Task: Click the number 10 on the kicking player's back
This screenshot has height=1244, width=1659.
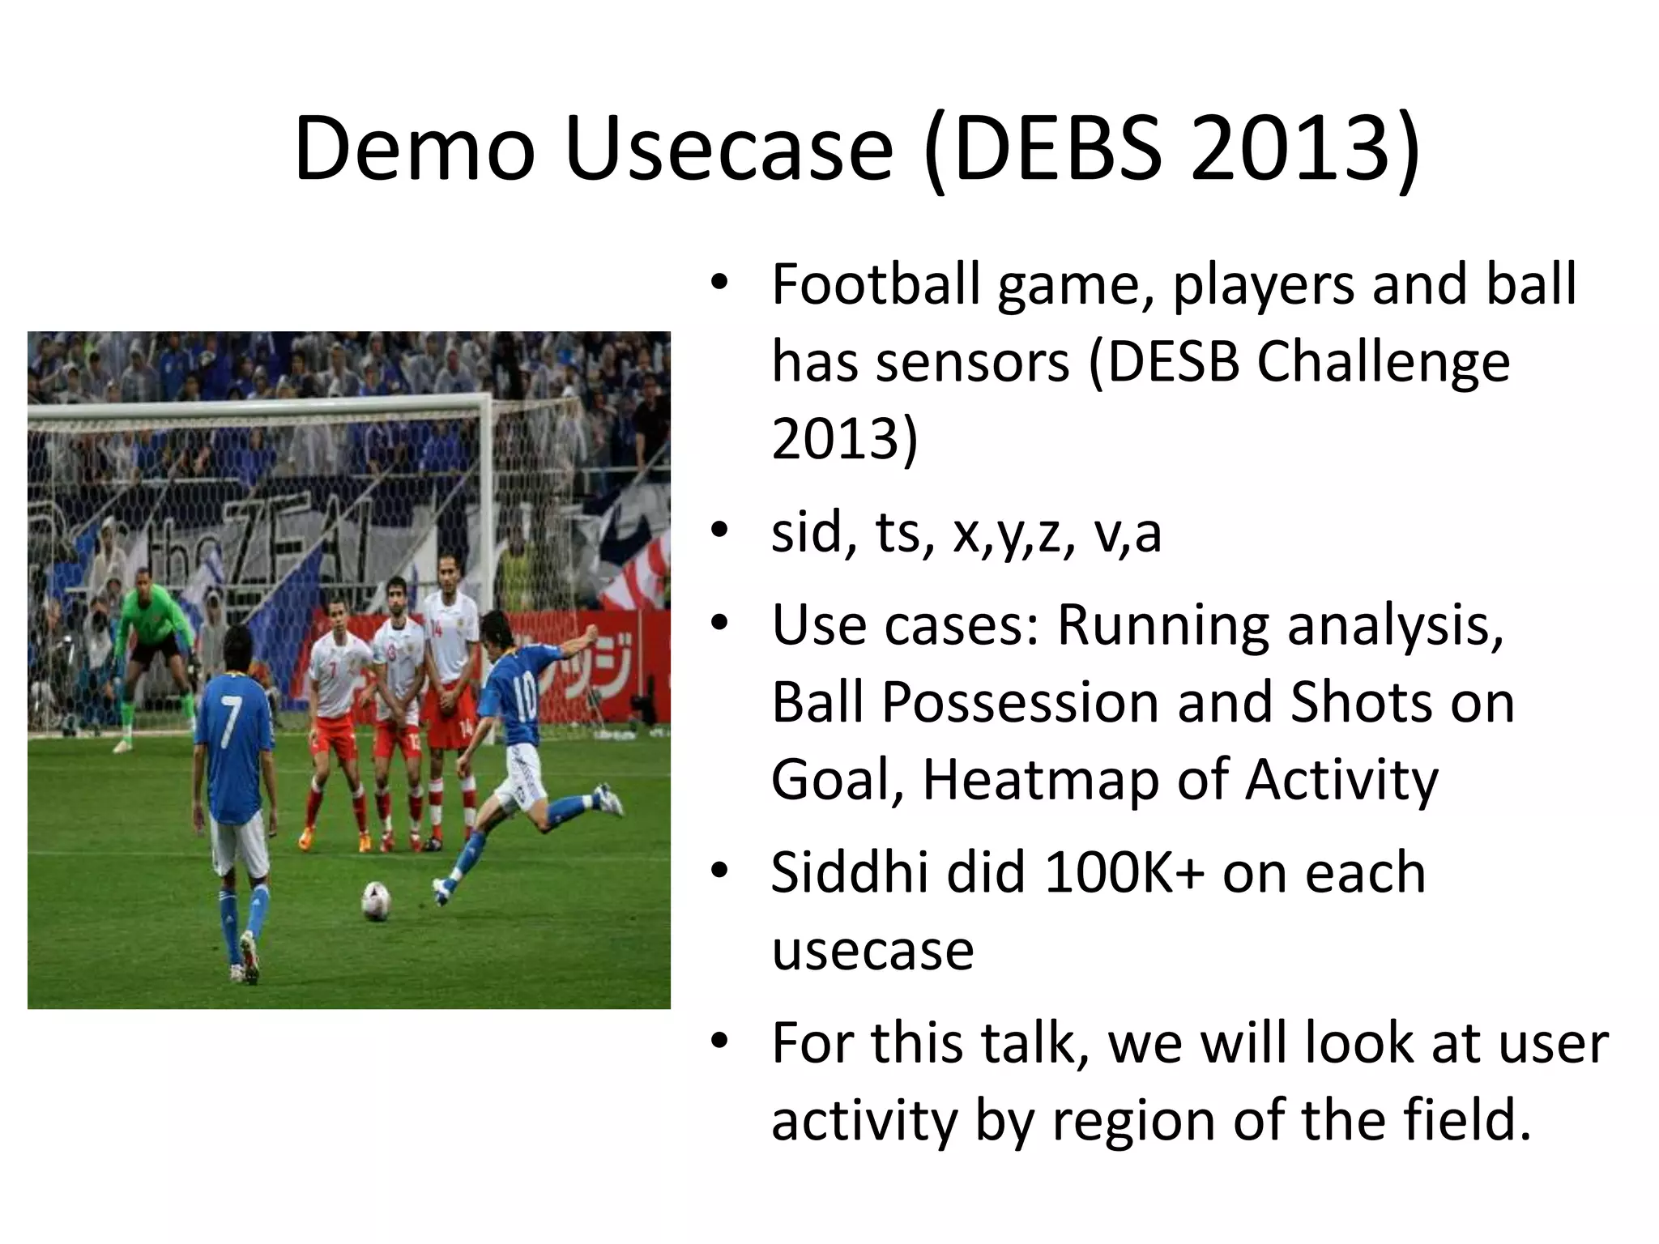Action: point(524,697)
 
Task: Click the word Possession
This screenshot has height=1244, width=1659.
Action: point(1020,702)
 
